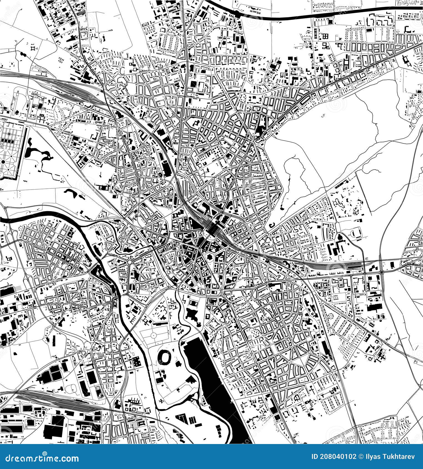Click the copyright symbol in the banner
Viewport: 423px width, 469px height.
pyautogui.click(x=361, y=457)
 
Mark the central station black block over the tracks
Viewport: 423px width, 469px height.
pyautogui.click(x=214, y=229)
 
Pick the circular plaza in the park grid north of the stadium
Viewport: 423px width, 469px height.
pyautogui.click(x=153, y=335)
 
